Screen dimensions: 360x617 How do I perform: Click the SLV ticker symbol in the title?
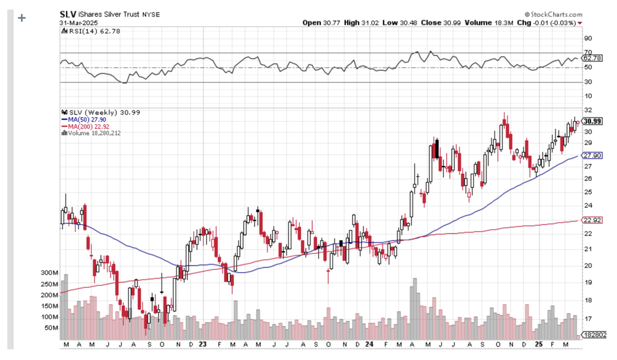click(69, 14)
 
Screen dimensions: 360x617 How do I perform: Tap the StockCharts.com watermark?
click(554, 14)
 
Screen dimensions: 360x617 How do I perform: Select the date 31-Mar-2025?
click(78, 23)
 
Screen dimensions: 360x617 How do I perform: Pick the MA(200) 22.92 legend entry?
click(84, 126)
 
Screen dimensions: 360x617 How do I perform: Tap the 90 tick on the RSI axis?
click(588, 38)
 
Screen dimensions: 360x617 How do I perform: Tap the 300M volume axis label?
click(50, 273)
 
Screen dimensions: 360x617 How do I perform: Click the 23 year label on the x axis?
click(204, 344)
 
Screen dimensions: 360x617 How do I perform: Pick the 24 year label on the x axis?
click(368, 344)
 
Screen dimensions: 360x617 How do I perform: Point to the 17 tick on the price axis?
click(587, 319)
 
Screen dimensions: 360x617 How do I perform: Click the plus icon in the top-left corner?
click(23, 17)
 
